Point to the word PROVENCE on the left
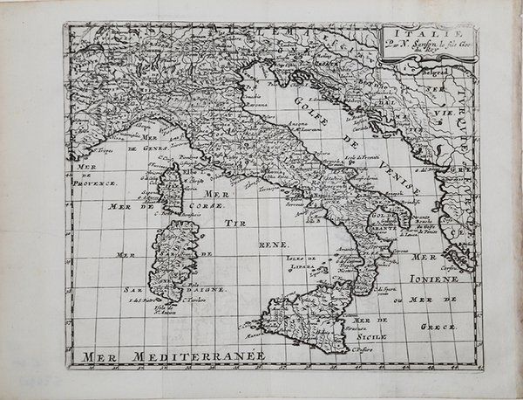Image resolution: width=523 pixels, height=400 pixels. point(94,183)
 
